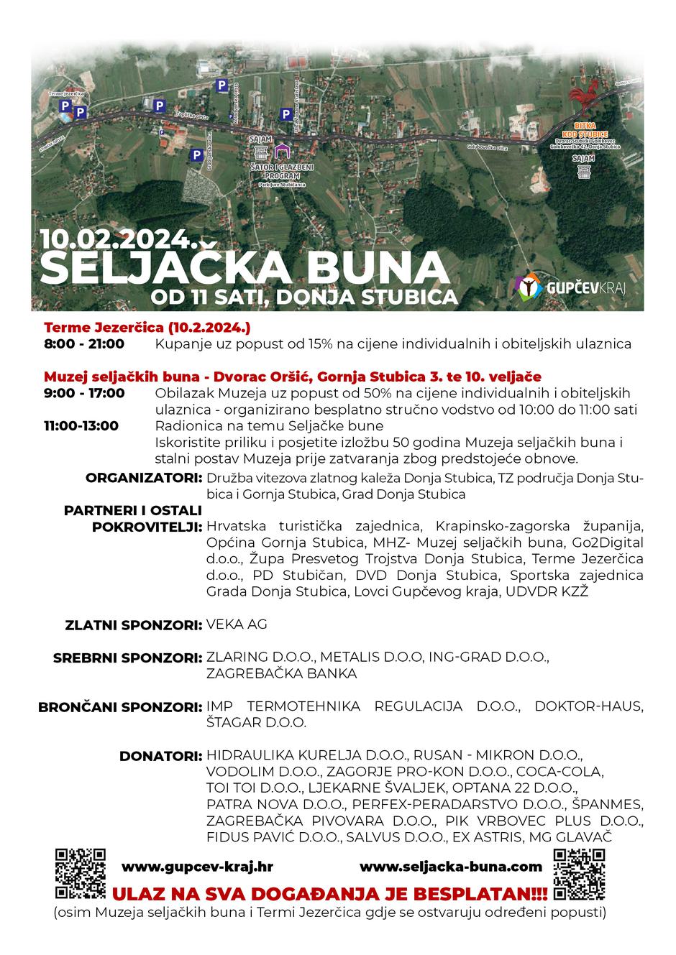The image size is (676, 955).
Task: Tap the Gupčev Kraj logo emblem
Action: [x=529, y=287]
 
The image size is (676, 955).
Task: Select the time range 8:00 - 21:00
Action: [x=84, y=344]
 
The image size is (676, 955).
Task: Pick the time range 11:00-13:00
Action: [x=81, y=426]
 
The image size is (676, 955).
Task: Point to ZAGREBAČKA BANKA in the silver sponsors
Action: [x=281, y=674]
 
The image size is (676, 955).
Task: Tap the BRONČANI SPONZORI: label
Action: [x=119, y=707]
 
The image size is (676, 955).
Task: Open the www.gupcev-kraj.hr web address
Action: [x=197, y=867]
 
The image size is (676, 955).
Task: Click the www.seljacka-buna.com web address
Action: [x=450, y=867]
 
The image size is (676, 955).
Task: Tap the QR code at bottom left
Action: [x=81, y=873]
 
